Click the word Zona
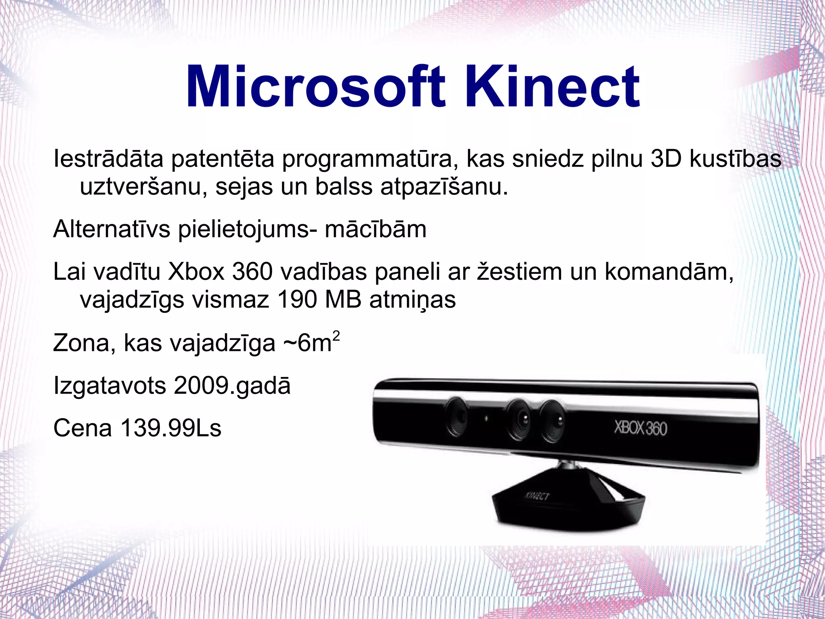tap(81, 343)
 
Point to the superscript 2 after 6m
tap(336, 336)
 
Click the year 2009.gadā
tap(232, 386)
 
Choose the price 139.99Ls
tap(171, 428)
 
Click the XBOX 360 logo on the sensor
tap(641, 428)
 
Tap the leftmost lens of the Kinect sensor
tap(458, 417)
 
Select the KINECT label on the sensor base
tap(537, 496)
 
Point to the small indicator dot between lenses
tap(486, 419)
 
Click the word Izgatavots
tap(110, 386)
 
